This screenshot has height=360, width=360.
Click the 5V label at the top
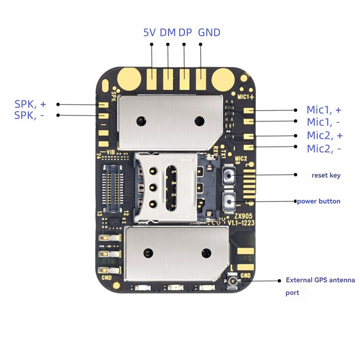(x=150, y=32)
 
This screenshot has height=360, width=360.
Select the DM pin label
(x=167, y=32)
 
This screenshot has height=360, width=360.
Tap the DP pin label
(x=185, y=32)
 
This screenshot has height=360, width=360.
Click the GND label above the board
(x=209, y=32)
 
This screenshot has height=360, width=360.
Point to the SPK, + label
(x=31, y=104)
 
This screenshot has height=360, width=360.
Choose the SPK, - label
(x=30, y=115)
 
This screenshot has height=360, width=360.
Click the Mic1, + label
(x=324, y=110)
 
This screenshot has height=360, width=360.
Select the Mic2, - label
(x=324, y=148)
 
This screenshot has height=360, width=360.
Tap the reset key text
(x=326, y=175)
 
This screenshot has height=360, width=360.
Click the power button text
(x=319, y=201)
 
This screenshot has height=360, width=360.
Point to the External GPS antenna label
(x=320, y=280)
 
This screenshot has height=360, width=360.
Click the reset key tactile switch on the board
(x=229, y=175)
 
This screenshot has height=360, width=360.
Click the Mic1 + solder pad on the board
(x=248, y=110)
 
